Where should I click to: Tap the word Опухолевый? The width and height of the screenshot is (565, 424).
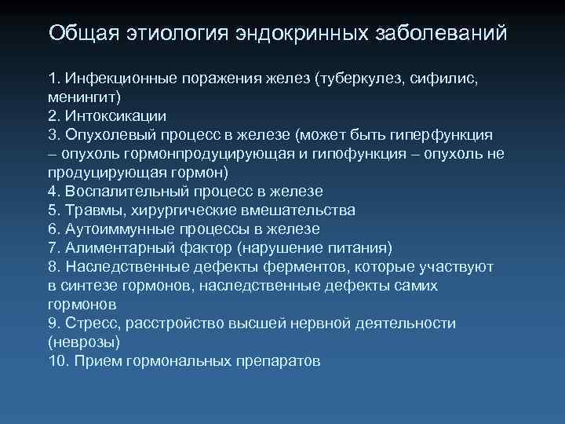(108, 135)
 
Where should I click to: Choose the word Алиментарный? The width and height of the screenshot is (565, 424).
(111, 248)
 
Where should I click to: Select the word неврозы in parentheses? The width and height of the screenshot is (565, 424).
(84, 342)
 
